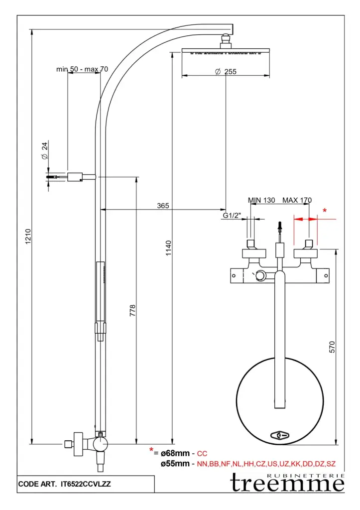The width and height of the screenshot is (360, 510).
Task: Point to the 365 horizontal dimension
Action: point(163,205)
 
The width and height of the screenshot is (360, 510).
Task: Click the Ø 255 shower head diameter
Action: point(226,72)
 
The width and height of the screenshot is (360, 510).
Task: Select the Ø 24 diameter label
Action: point(44,150)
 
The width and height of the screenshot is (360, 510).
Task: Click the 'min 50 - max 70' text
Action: point(82,69)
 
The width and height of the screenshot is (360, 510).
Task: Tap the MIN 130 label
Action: point(261,200)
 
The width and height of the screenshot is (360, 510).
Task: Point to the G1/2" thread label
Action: point(232,216)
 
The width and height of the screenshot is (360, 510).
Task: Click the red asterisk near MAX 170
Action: point(325,211)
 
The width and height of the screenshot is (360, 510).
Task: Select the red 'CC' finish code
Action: point(202,454)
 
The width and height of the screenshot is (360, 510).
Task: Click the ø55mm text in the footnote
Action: point(175,464)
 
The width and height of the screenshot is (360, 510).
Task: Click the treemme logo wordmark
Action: point(287,485)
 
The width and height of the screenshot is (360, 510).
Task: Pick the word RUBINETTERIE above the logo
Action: point(306,476)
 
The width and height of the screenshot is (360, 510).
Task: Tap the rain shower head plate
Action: point(226,50)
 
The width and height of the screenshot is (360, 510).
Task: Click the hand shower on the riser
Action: point(100,291)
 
